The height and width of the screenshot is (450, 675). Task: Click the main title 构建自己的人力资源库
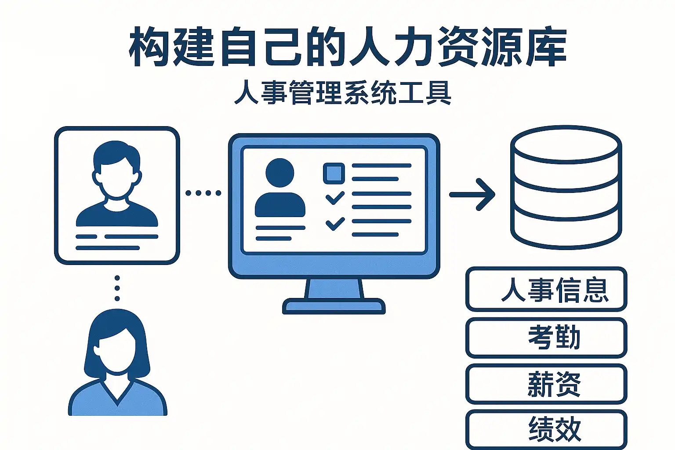coord(347,47)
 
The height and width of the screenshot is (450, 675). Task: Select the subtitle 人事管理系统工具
coord(343,93)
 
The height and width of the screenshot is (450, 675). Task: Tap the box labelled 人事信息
coord(546,290)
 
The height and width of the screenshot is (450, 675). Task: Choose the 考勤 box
coord(546,337)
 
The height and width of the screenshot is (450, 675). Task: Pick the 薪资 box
coord(546,384)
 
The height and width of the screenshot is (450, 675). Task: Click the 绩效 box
coord(546,429)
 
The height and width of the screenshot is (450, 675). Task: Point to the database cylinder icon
coord(566,189)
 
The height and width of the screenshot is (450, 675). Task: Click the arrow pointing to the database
coord(473,194)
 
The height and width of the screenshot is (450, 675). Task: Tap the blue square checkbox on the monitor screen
coord(334,173)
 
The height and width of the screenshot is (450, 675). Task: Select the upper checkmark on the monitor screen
coord(335,198)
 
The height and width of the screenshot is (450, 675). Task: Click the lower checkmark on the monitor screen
coord(335,224)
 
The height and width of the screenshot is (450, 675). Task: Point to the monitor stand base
coord(334,306)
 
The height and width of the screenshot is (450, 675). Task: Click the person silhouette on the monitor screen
coord(280,189)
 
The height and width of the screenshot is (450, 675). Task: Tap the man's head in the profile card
coord(116,169)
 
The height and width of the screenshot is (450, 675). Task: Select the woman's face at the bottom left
coord(115,352)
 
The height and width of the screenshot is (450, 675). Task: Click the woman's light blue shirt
coord(118,400)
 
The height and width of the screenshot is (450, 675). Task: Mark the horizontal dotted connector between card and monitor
coord(203,193)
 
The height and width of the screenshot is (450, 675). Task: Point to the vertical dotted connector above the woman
coord(117,288)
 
